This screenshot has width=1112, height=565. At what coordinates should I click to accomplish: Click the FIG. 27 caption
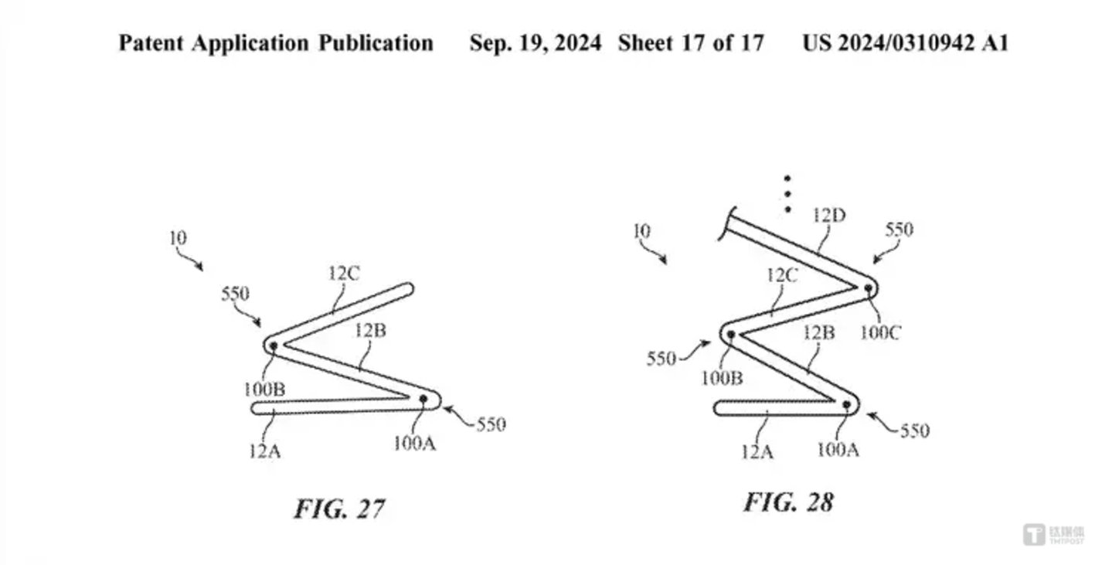click(x=339, y=509)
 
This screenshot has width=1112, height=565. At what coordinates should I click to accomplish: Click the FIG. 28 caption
click(x=788, y=502)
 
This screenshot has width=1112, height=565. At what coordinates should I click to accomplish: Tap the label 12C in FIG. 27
click(x=343, y=273)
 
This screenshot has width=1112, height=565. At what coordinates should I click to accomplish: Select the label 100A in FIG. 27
click(x=414, y=443)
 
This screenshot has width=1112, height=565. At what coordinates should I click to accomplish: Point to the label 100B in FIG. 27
click(x=264, y=389)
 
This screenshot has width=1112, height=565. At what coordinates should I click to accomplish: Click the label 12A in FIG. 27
click(x=264, y=450)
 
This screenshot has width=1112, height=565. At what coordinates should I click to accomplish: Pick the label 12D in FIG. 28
click(x=829, y=216)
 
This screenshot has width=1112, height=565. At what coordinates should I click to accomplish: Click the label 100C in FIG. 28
click(x=881, y=333)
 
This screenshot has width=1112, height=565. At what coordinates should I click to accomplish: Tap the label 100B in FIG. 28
click(x=722, y=378)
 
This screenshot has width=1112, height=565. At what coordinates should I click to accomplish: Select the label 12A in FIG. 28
click(x=757, y=450)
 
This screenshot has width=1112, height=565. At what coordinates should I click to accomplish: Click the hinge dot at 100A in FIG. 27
click(x=423, y=399)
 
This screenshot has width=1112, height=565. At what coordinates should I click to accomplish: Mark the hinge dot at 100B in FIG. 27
click(x=273, y=345)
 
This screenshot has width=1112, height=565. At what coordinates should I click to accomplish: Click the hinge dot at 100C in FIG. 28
click(x=869, y=288)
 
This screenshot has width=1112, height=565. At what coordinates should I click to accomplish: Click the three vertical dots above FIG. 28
click(x=787, y=194)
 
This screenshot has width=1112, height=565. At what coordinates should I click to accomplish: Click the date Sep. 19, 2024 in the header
click(x=535, y=43)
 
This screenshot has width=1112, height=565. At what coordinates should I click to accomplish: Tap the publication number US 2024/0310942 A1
click(x=904, y=43)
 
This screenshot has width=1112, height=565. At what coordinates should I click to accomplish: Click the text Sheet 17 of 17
click(x=690, y=43)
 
